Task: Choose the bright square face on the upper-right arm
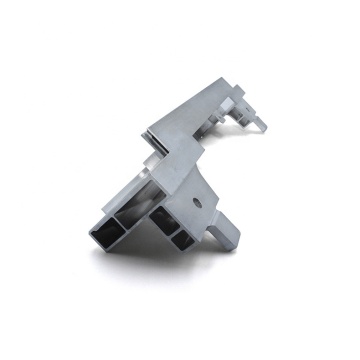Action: (242, 103)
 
